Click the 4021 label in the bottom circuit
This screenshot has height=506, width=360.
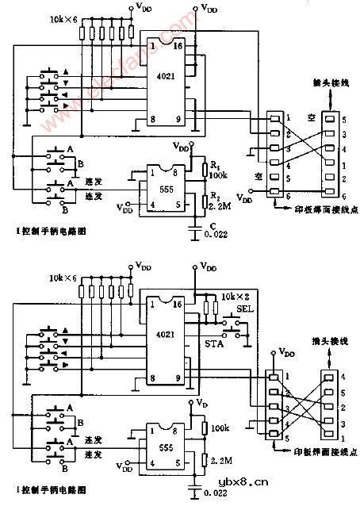pyautogui.click(x=166, y=335)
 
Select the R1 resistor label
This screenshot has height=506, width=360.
pyautogui.click(x=212, y=167)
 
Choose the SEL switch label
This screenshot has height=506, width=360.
pyautogui.click(x=243, y=309)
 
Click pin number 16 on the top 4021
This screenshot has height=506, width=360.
pyautogui.click(x=178, y=47)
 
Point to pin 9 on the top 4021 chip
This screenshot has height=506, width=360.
pyautogui.click(x=178, y=121)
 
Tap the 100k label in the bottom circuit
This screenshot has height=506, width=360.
pyautogui.click(x=219, y=428)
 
